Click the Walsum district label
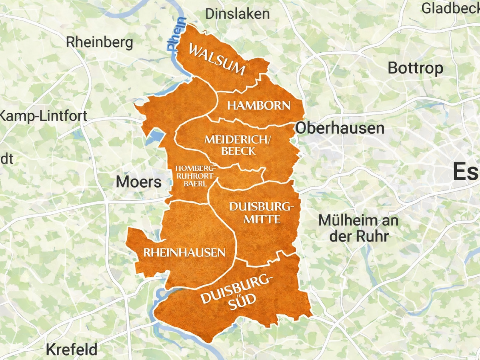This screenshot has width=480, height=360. click(216, 60)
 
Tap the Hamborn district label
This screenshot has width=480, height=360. click(259, 106)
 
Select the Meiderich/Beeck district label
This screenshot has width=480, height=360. click(238, 145)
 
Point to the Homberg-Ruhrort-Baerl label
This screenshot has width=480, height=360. click(196, 176)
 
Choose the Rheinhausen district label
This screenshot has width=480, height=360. click(184, 252)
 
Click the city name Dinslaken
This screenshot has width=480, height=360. click(238, 14)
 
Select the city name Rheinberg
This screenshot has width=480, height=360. click(99, 42)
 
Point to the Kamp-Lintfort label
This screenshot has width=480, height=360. click(43, 116)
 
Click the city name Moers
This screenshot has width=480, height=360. click(139, 182)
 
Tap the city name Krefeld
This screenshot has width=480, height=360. click(72, 349)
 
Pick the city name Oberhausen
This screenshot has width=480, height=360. click(340, 128)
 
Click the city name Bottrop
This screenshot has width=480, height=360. click(415, 68)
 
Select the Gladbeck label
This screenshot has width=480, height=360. click(450, 8)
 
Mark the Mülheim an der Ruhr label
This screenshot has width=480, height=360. click(358, 228)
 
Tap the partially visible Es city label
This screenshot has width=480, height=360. click(466, 172)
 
